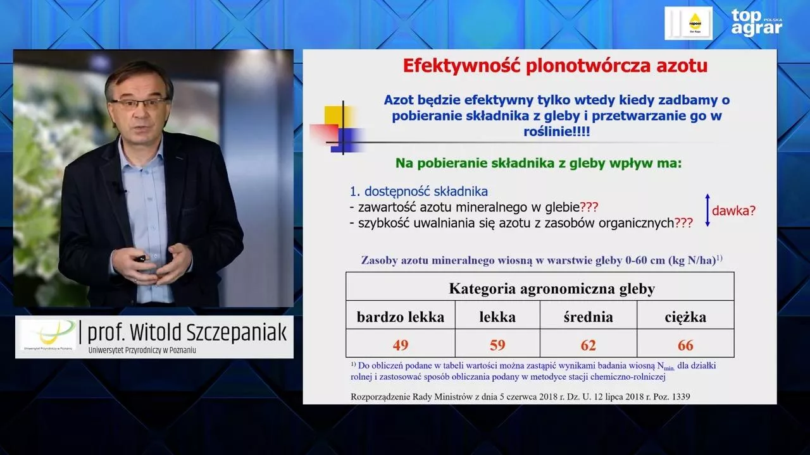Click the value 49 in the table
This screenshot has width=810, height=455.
pos(401,345)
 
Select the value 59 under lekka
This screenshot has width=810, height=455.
pos(497,345)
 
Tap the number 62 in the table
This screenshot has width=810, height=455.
pos(589,345)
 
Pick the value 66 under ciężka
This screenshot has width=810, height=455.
pos(685,345)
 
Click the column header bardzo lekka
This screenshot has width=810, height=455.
pos(401,317)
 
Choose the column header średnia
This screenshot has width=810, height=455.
pos(589,317)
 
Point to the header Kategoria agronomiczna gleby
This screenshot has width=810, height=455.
pos(552,289)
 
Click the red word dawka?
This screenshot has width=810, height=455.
pos(733,210)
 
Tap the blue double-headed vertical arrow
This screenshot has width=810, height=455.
pos(707,210)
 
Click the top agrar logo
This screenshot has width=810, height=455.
pos(756,23)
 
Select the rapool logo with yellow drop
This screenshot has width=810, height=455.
pos(688,23)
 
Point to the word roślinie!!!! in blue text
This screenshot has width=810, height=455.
pos(557,131)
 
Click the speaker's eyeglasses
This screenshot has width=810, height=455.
pos(140,103)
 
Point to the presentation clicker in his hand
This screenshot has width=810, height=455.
pos(139,258)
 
